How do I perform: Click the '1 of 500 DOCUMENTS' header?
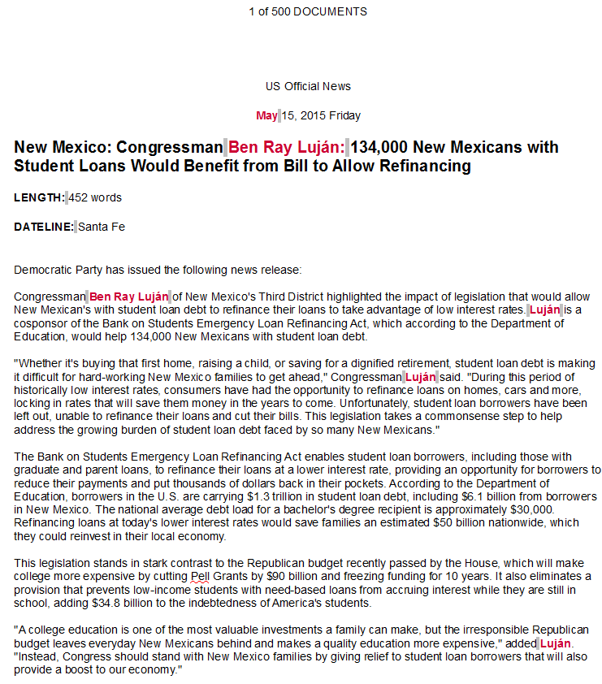point(308,11)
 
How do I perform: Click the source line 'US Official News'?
point(308,86)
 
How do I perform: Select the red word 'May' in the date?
point(266,115)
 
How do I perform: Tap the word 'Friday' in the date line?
point(345,115)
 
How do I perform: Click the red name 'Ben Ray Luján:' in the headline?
point(286,148)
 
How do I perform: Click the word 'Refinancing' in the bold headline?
point(431,167)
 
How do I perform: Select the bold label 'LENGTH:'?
point(39,197)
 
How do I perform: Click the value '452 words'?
point(95,197)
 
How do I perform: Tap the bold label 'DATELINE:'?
point(44,227)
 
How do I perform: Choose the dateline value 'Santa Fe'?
point(101,227)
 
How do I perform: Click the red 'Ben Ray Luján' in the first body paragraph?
point(128,297)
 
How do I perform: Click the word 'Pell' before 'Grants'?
point(200,576)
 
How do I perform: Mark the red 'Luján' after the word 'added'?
point(556,643)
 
